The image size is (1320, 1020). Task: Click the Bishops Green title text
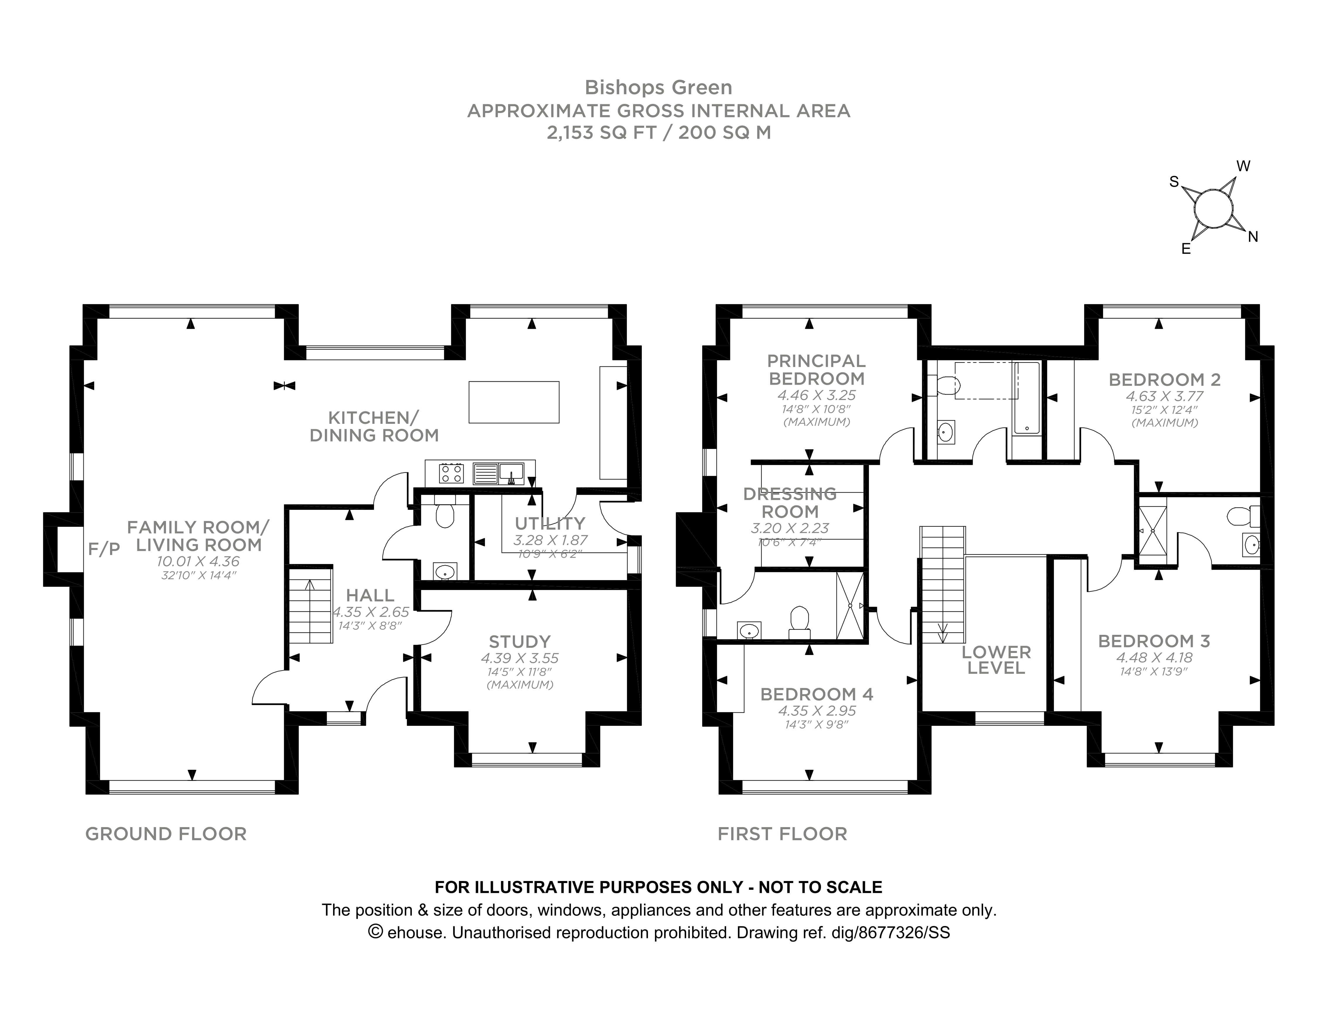(x=658, y=88)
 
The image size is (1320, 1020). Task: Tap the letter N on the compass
(x=1253, y=237)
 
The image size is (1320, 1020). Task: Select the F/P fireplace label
(x=104, y=549)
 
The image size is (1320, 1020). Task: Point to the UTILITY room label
(x=549, y=523)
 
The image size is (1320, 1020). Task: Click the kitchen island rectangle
(x=514, y=402)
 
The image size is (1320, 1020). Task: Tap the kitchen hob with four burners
(x=452, y=472)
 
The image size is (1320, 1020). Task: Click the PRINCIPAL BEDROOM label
(x=816, y=370)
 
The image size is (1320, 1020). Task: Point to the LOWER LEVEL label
(x=996, y=660)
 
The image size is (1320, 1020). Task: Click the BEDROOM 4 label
(x=817, y=694)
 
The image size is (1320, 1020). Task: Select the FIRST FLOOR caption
(x=782, y=834)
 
